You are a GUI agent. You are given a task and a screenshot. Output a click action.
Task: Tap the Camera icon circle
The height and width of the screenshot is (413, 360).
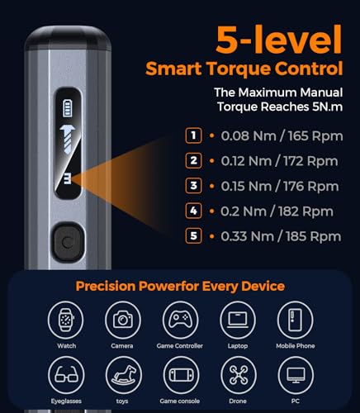coord(121,320)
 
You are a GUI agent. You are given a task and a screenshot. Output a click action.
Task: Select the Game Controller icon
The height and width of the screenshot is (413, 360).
coord(179,320)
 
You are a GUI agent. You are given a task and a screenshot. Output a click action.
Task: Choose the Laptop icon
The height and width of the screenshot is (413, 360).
coord(237,320)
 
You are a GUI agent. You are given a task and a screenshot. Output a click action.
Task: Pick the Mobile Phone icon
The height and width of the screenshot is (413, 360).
coord(295,320)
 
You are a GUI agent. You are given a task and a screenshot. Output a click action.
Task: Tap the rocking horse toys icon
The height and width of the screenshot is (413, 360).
coord(121,375)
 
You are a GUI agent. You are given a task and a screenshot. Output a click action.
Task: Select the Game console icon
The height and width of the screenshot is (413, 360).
coord(179,375)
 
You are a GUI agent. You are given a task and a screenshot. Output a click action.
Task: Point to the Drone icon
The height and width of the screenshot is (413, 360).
coord(237,375)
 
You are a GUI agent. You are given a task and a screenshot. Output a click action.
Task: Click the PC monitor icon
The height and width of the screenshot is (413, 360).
coord(295,375)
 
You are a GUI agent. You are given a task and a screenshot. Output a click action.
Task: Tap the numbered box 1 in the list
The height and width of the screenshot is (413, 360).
coord(193,135)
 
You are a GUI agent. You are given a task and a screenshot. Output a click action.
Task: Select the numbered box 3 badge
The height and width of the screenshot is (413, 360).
coord(193,186)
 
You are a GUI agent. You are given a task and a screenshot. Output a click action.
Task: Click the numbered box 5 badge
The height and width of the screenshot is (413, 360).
coord(193,236)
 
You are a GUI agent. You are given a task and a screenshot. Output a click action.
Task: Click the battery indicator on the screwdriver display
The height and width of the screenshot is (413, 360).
coord(66,108)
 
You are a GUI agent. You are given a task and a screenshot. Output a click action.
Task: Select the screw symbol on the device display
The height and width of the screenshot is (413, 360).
coord(66,139)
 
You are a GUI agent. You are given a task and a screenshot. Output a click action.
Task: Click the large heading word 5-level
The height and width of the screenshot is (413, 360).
coord(278,39)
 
